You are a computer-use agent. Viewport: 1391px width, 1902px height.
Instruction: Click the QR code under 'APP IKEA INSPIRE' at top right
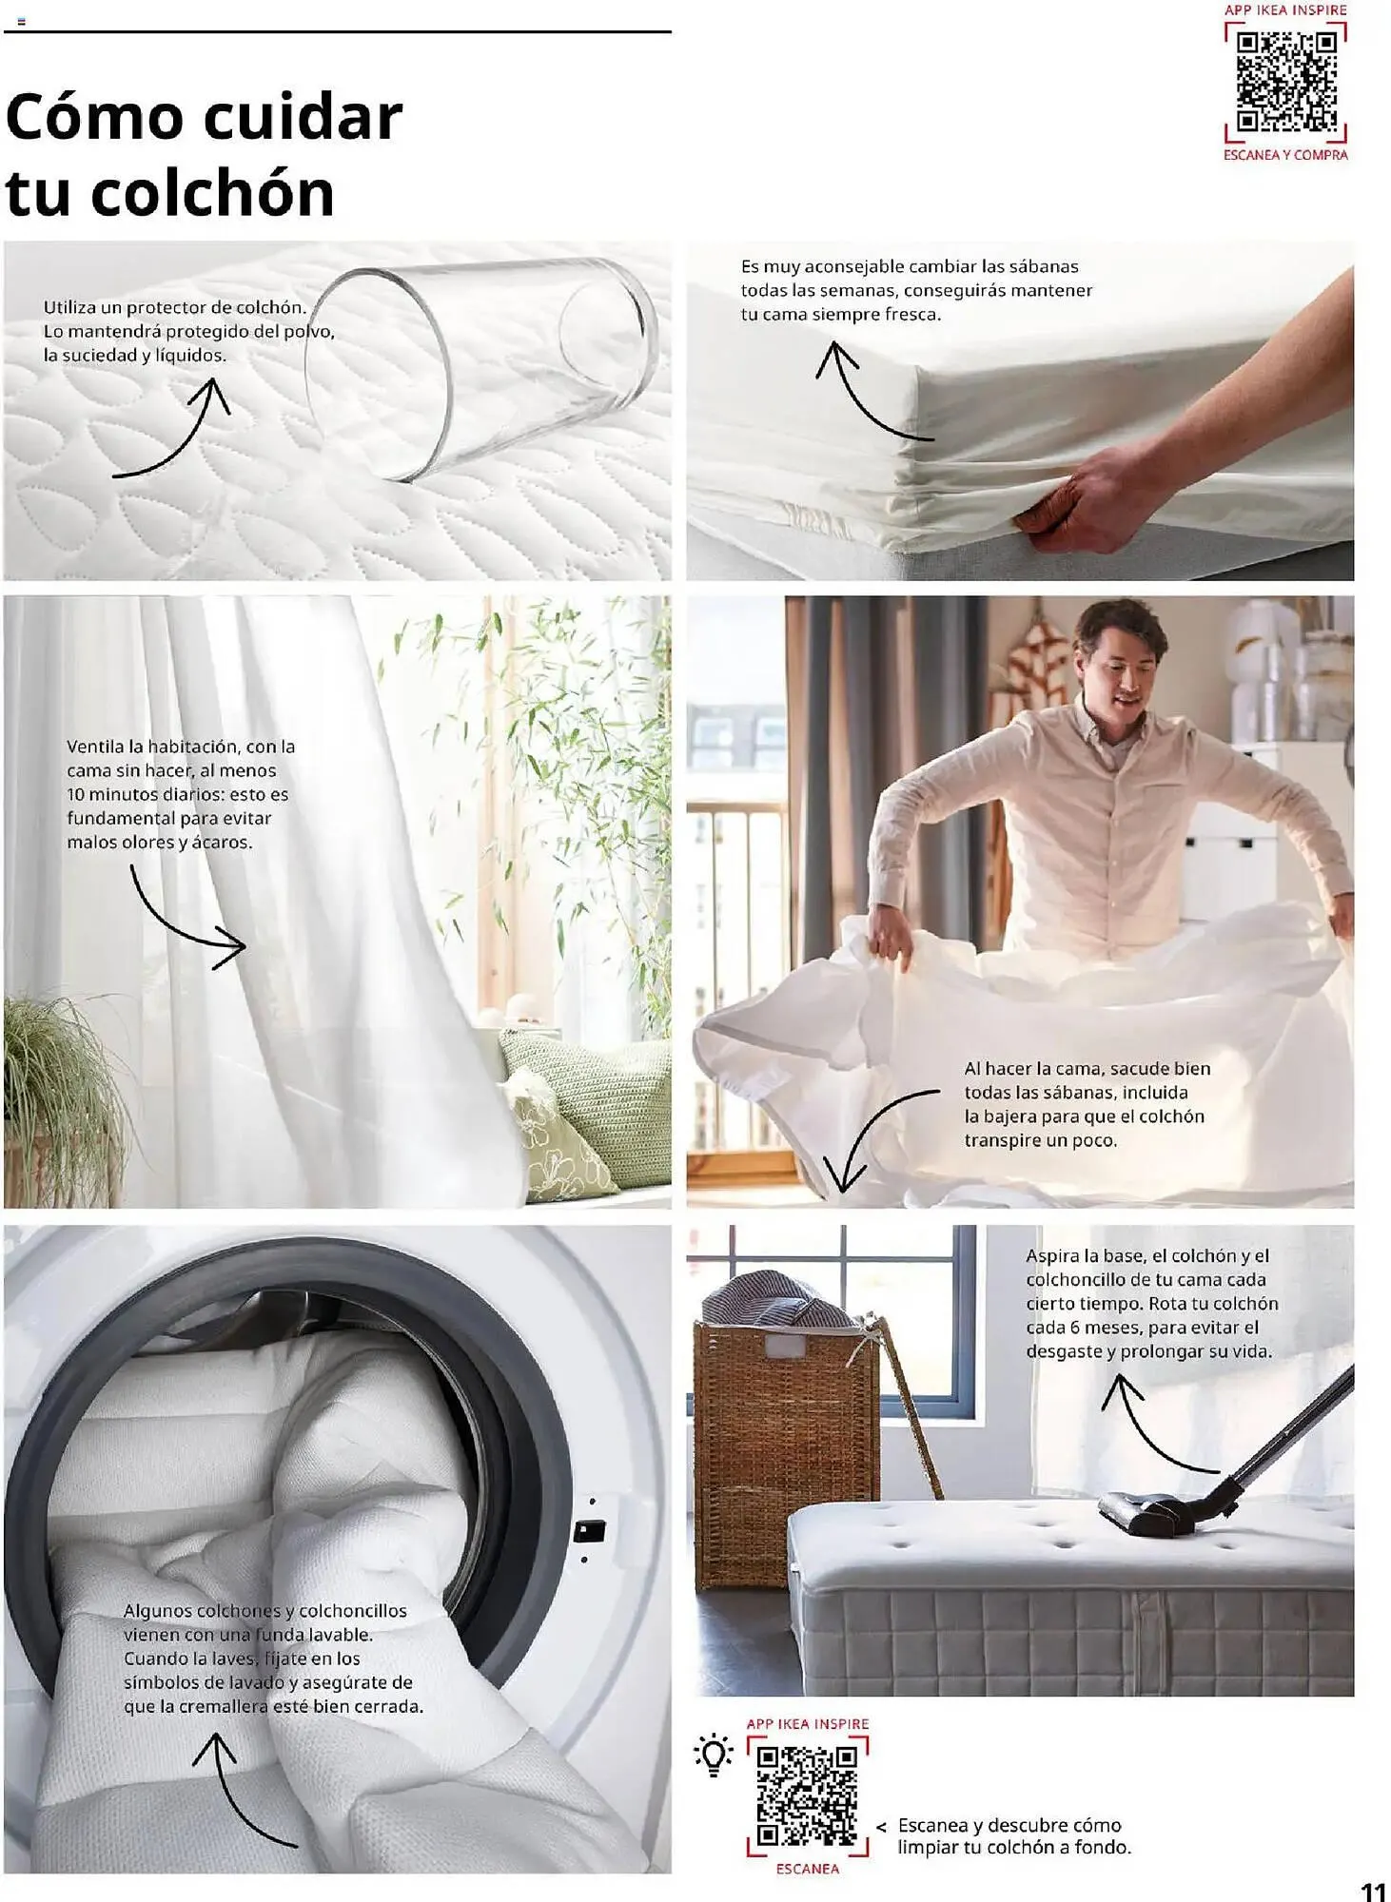[x=1285, y=83]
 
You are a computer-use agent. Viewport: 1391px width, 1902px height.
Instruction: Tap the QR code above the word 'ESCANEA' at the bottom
[x=807, y=1795]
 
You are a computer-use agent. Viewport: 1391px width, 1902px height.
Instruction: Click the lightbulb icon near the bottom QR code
[x=714, y=1756]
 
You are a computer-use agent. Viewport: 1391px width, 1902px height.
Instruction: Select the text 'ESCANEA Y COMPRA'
[x=1285, y=155]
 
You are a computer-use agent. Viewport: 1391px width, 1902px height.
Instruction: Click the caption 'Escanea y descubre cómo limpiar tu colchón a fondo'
[x=1014, y=1836]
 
